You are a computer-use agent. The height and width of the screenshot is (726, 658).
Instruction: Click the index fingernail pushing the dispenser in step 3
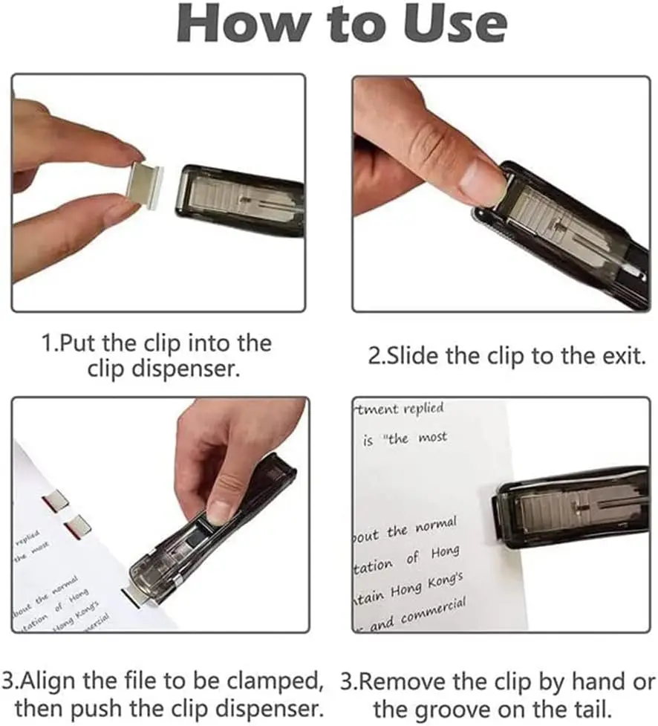tap(220, 512)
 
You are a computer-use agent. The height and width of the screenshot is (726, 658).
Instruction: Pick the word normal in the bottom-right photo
tap(432, 525)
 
